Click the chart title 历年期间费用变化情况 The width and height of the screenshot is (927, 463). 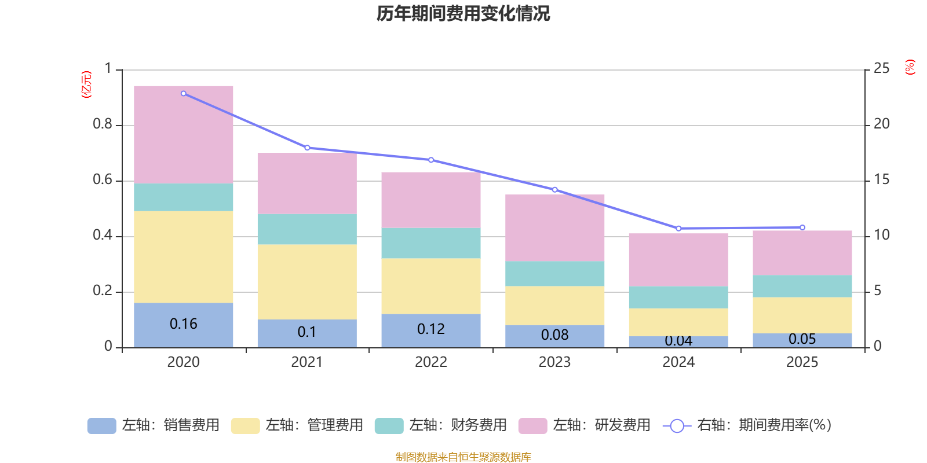point(463,13)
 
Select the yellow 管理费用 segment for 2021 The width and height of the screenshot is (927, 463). point(307,282)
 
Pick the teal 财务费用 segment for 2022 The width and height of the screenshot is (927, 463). point(431,243)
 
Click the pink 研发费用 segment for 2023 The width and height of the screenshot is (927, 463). point(554,227)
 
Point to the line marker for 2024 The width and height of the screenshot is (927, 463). point(678,229)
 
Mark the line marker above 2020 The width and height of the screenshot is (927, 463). point(184,93)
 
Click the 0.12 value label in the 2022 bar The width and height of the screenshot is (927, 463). point(431,329)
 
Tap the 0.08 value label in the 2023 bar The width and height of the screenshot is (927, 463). point(554,335)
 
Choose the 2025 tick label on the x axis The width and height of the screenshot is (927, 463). point(802,362)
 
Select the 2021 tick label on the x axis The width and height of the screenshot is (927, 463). point(307,362)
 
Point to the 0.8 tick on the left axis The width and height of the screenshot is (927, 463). point(103,124)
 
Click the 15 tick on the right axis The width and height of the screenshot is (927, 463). point(881,179)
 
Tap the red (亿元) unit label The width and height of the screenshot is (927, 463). point(86,84)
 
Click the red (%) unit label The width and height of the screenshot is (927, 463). point(910,67)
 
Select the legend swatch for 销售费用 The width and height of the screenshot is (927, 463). point(101,426)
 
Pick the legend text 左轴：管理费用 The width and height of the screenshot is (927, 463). point(314,425)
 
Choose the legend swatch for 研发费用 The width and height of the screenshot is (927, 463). point(532,426)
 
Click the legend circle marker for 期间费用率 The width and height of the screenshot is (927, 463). point(677,426)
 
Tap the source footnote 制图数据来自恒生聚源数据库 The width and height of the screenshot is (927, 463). point(463,457)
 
